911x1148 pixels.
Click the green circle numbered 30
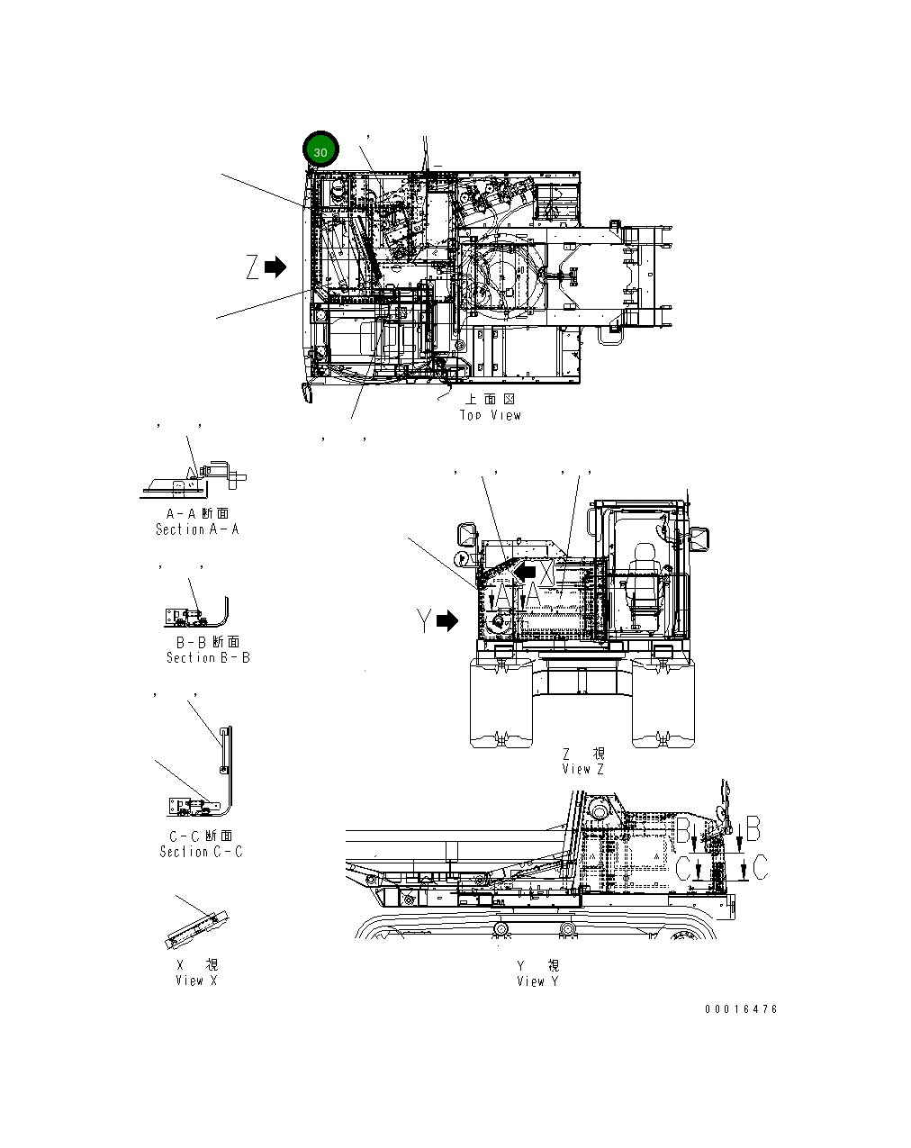320,150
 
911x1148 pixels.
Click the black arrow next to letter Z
275,267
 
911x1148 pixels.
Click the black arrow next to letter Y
447,621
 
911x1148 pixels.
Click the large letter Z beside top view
253,267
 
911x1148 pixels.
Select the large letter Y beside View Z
425,621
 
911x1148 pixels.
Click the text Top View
490,415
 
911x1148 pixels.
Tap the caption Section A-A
197,529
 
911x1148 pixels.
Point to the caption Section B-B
208,657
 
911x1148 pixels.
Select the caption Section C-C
201,851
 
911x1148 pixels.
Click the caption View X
196,981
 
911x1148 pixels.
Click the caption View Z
582,769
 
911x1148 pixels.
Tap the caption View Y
537,981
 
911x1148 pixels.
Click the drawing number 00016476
741,1009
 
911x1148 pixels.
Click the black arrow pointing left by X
525,571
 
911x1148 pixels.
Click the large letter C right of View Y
761,868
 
